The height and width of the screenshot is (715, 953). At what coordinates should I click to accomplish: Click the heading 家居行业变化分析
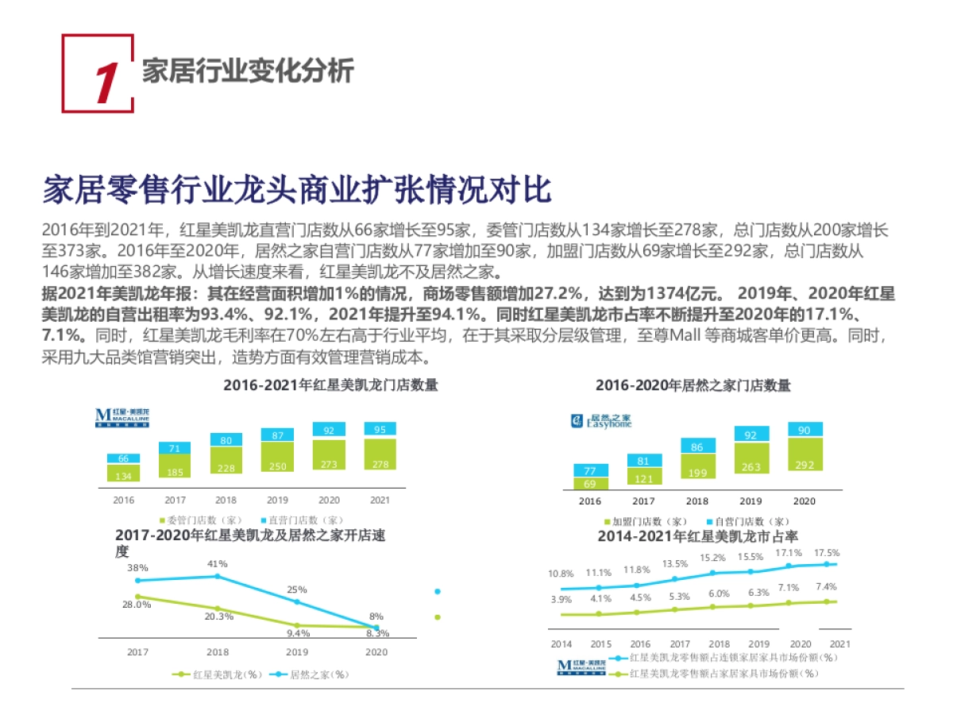tap(248, 71)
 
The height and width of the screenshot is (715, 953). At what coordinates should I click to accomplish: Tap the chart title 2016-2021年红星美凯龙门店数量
tap(330, 385)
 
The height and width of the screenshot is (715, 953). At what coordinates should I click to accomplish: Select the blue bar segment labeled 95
tap(380, 429)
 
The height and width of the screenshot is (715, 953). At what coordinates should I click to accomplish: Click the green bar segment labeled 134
tap(123, 474)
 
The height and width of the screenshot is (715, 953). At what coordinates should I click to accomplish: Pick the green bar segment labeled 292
tap(804, 464)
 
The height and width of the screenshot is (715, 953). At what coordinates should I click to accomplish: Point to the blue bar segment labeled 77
tap(590, 470)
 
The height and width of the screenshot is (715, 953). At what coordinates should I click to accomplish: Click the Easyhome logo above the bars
tap(601, 420)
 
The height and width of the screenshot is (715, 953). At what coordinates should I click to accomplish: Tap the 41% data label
tap(217, 564)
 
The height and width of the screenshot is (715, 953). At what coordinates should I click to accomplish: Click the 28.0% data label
tap(137, 605)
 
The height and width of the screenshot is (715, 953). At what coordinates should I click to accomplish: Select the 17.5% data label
tap(827, 553)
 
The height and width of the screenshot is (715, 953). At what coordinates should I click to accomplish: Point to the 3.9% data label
tap(561, 600)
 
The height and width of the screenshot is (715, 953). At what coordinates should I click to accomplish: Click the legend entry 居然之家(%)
tap(314, 674)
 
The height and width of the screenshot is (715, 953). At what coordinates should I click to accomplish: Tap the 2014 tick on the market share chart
tap(561, 644)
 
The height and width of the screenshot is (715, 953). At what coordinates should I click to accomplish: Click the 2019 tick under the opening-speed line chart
tap(297, 652)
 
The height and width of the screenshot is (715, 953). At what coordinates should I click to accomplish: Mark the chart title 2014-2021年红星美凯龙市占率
tap(697, 537)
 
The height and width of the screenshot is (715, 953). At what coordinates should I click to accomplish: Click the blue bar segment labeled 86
tap(697, 446)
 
